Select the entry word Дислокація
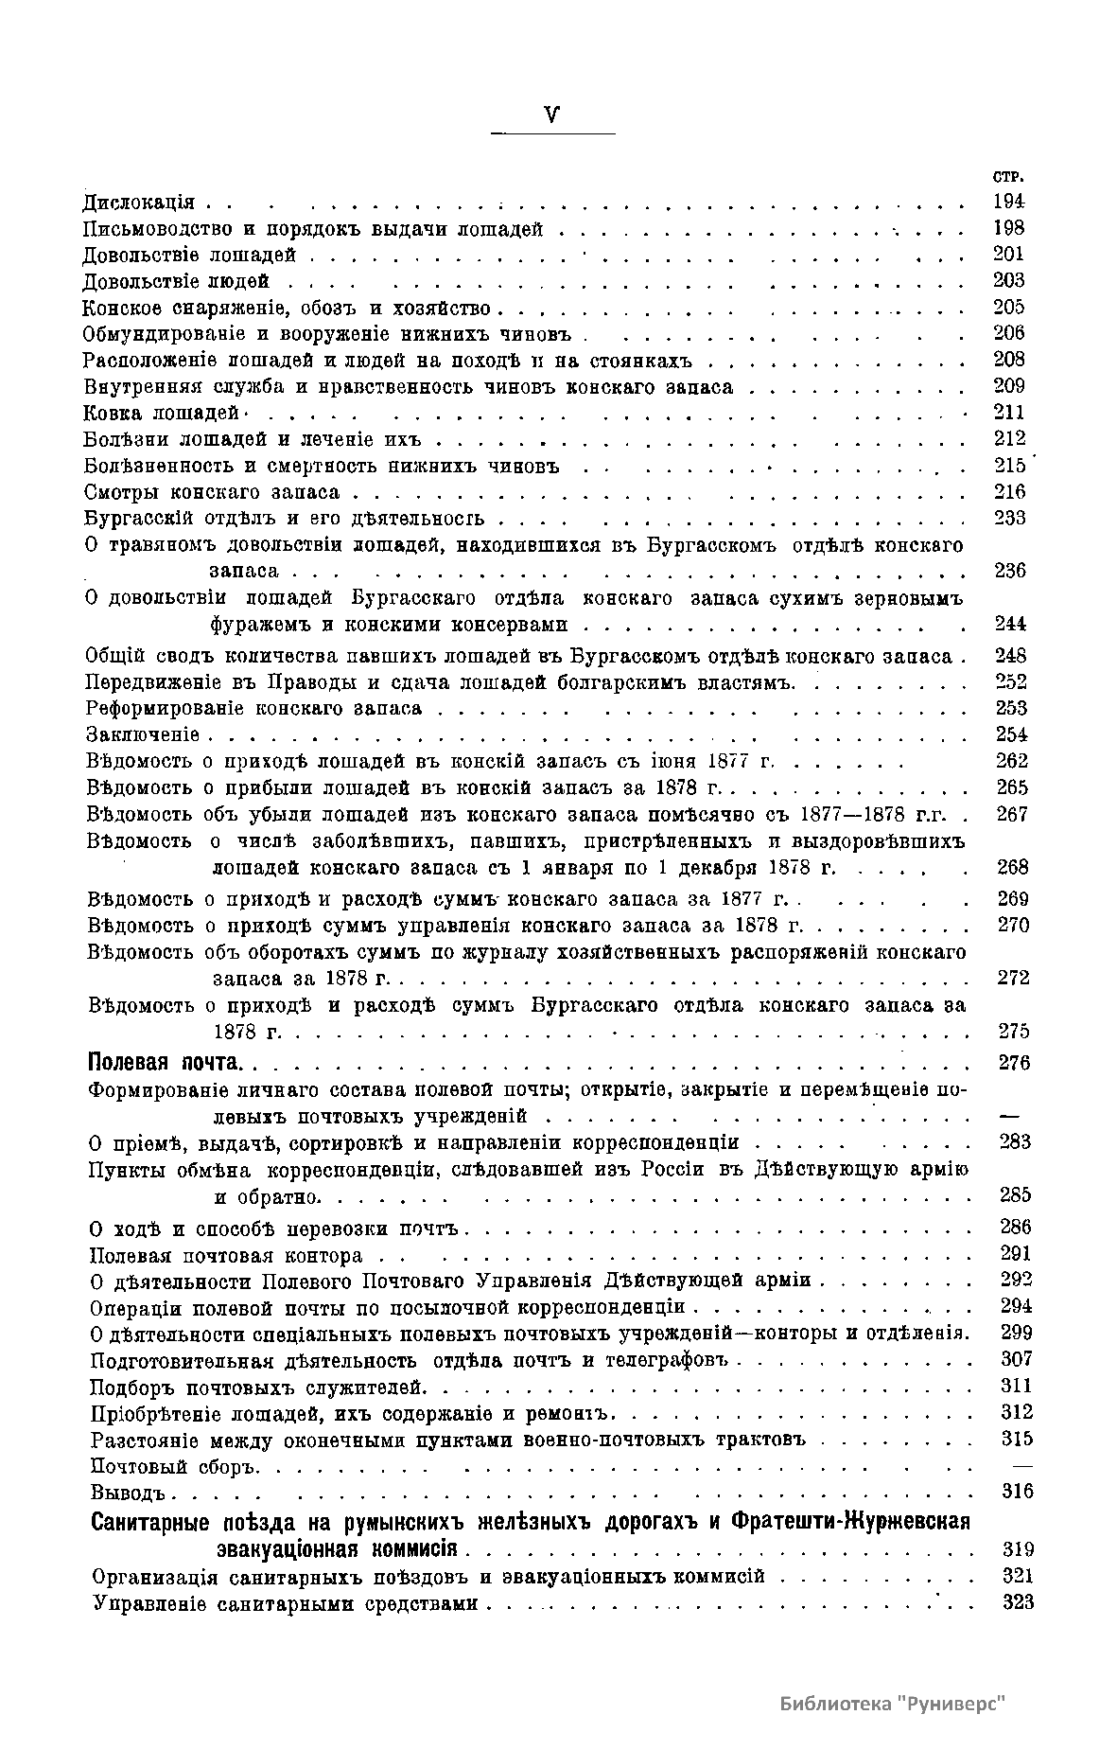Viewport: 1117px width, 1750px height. point(139,202)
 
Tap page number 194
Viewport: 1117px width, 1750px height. point(1009,201)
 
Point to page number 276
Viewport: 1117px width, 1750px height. point(1013,1062)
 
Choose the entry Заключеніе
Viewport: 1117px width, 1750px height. point(143,734)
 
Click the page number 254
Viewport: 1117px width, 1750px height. point(1012,734)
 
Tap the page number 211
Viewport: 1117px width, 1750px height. point(1009,412)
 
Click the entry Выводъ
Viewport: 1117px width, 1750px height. point(129,1493)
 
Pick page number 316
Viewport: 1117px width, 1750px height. point(1017,1492)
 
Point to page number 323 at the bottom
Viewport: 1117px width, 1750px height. point(1017,1603)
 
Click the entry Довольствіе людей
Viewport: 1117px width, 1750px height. point(176,281)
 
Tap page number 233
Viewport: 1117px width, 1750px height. point(1010,518)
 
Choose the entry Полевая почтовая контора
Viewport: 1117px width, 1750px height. point(226,1256)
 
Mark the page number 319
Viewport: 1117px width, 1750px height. point(1017,1550)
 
